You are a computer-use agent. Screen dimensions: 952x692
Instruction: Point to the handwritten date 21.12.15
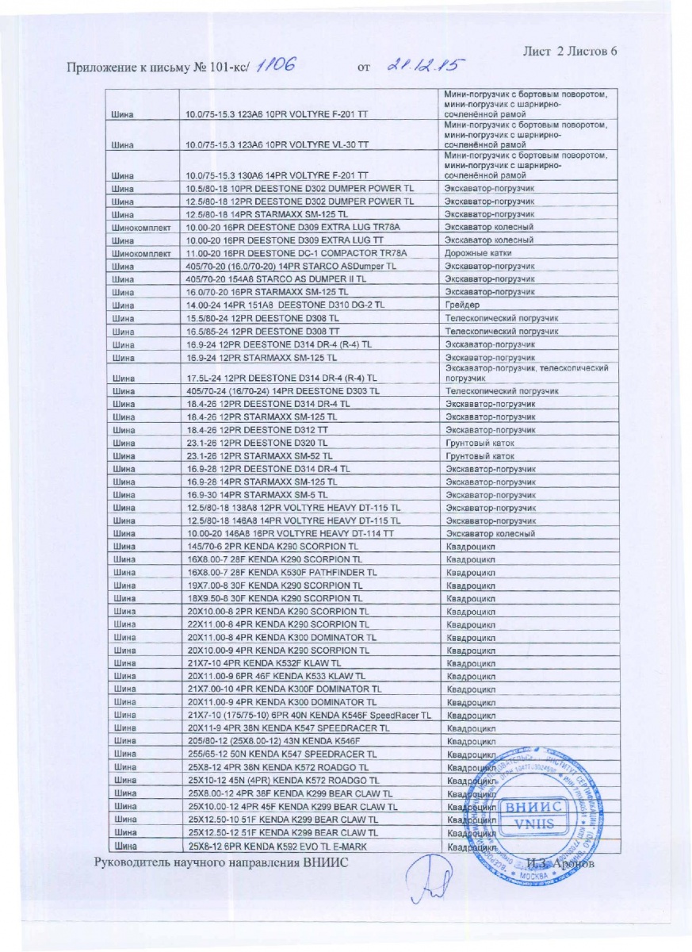[x=425, y=66]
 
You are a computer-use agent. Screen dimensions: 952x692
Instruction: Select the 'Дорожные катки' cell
[x=477, y=253]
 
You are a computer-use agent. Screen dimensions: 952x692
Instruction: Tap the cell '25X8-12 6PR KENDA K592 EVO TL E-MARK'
[x=277, y=846]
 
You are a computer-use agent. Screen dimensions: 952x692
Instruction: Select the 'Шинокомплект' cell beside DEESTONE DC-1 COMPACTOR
[x=141, y=253]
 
